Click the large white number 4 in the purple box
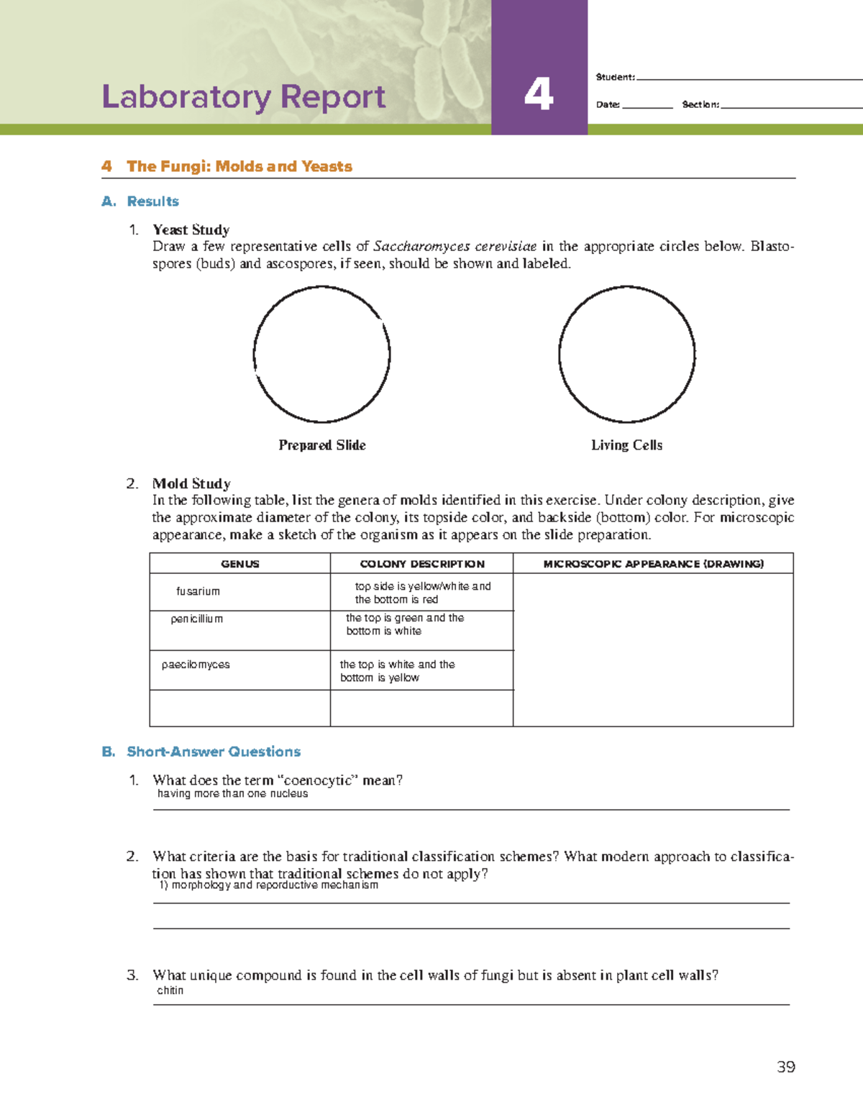pos(539,94)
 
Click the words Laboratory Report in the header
pos(243,97)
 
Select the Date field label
pos(608,105)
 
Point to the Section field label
pos(700,105)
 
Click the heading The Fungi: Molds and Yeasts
pos(239,166)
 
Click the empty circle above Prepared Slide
pos(321,354)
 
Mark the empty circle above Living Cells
pos(626,354)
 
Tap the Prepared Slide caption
pos(321,445)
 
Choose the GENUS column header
pos(239,564)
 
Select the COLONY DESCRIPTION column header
pos(422,564)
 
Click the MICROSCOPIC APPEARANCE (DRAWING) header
pos(653,564)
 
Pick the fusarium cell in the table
pos(198,591)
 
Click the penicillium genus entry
pos(196,619)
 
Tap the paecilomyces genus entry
pos(196,665)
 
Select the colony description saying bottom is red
pos(422,593)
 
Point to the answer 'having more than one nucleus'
pos(232,794)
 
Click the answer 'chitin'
pos(170,990)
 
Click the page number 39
pos(785,1067)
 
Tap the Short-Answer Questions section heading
pos(213,752)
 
